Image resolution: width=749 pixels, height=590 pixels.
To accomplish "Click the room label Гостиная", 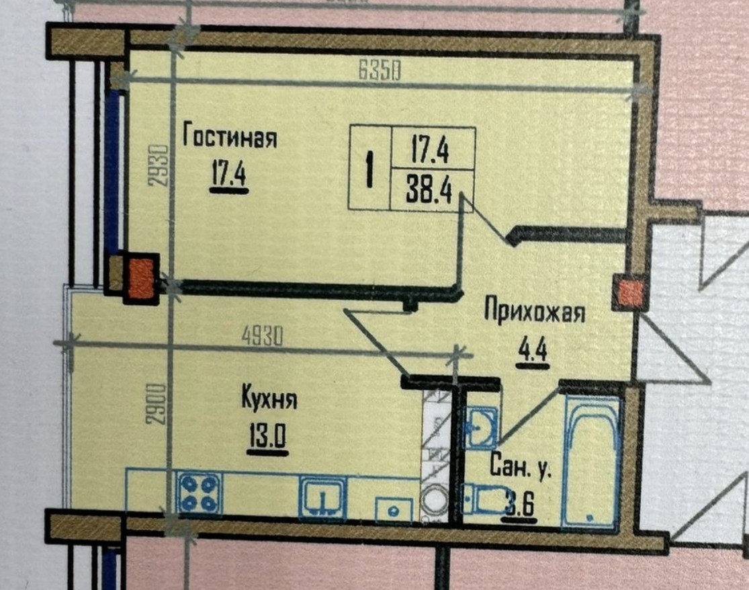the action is pyautogui.click(x=230, y=137).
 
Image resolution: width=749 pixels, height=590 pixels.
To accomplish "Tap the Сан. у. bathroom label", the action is pyautogui.click(x=521, y=467).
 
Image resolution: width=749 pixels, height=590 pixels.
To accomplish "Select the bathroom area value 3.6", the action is pyautogui.click(x=520, y=503).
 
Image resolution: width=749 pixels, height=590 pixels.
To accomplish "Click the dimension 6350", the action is pyautogui.click(x=380, y=72).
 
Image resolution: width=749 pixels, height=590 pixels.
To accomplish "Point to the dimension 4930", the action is pyautogui.click(x=262, y=336).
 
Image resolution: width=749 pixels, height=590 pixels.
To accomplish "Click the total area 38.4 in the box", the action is pyautogui.click(x=429, y=190).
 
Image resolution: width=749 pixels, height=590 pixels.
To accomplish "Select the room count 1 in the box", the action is pyautogui.click(x=369, y=169).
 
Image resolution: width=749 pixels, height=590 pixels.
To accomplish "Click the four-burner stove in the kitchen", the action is pyautogui.click(x=200, y=495).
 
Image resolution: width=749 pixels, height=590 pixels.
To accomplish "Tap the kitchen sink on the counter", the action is pyautogui.click(x=323, y=498).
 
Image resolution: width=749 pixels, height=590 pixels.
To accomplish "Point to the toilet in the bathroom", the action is pyautogui.click(x=482, y=499).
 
